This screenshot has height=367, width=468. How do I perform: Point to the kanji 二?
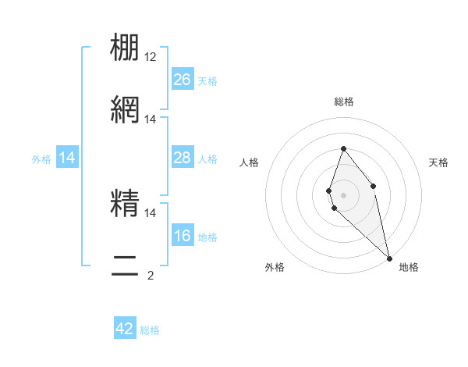click(x=126, y=264)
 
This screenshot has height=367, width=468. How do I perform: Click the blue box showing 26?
click(x=183, y=80)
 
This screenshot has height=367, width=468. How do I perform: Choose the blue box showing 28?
click(x=183, y=158)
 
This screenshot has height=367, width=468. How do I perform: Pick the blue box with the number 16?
click(x=183, y=236)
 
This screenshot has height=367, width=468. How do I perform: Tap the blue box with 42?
click(x=125, y=329)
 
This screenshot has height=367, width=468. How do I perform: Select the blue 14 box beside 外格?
click(x=67, y=158)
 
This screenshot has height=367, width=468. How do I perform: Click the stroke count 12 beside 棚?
click(x=151, y=57)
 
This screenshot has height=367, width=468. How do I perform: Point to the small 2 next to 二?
click(x=151, y=275)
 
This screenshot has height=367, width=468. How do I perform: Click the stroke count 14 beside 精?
click(x=151, y=212)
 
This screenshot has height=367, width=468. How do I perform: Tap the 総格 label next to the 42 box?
click(x=150, y=330)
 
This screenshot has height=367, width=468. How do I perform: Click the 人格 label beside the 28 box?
click(x=207, y=159)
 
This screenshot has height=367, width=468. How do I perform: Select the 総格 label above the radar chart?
click(x=343, y=102)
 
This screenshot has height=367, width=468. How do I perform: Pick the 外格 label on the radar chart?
click(x=275, y=267)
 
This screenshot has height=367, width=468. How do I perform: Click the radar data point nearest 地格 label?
click(x=389, y=258)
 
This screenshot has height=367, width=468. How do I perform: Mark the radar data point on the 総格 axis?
click(x=343, y=148)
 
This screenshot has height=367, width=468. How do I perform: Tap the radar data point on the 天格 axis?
click(x=374, y=186)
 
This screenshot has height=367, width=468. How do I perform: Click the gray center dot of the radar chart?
click(x=343, y=194)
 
